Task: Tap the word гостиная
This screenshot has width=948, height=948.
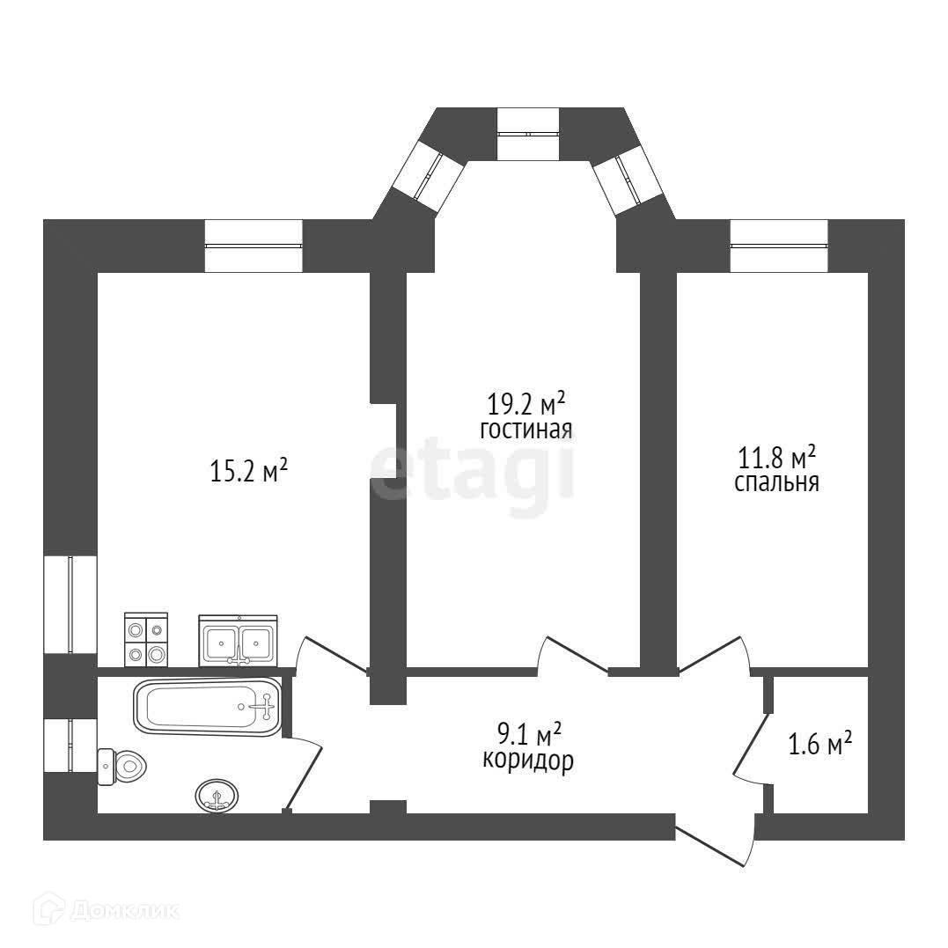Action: tap(526, 430)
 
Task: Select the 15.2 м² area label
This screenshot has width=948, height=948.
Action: tap(249, 472)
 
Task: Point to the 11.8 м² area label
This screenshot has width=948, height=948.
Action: tap(776, 458)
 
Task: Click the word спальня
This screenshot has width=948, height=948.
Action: tap(777, 483)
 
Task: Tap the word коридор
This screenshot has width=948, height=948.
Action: tap(528, 761)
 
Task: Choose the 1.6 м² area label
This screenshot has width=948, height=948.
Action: tap(819, 745)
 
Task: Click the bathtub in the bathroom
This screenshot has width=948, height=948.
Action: tap(208, 706)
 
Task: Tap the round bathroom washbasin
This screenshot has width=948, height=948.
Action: tap(216, 795)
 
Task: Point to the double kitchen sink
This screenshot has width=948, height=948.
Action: tap(238, 640)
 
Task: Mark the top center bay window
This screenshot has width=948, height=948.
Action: tap(527, 134)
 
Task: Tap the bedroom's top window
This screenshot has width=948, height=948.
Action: tap(779, 246)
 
